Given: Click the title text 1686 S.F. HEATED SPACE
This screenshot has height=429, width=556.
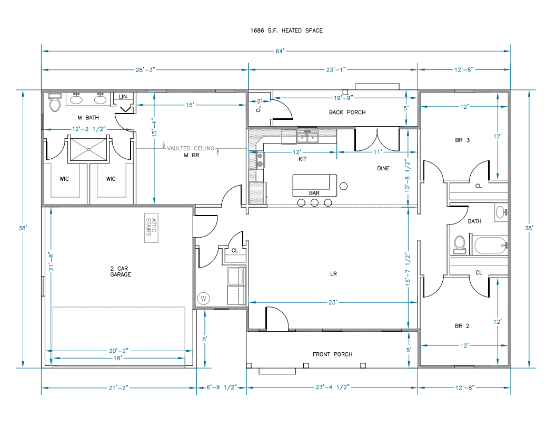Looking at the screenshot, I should [286, 30].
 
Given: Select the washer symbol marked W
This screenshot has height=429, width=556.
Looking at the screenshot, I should [203, 299].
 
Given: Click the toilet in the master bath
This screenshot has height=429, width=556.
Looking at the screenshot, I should [55, 103].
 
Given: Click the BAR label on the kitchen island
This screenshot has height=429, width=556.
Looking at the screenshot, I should [314, 193].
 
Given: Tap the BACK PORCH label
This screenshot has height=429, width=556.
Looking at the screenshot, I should [347, 112].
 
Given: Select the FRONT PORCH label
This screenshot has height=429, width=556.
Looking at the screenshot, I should [332, 354].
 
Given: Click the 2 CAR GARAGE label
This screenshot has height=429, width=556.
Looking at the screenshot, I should [121, 271].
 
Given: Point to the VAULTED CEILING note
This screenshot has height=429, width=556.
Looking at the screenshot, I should [191, 148].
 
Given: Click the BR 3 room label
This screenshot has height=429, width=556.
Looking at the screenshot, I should [462, 140].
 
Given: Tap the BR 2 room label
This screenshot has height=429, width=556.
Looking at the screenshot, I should [462, 326].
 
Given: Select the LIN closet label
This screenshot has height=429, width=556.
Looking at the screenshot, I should [123, 97].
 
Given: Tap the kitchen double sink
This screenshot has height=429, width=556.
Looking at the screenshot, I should [307, 137].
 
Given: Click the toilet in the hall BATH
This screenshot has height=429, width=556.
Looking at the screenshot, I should [459, 244].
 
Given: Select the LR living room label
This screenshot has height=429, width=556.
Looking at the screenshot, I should [333, 274].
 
